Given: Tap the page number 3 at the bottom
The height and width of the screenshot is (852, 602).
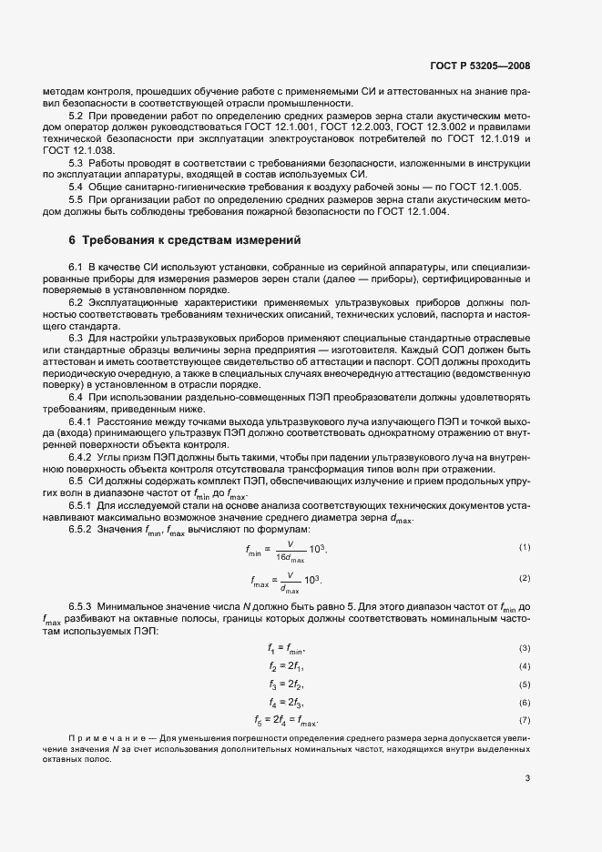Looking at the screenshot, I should point(527,778).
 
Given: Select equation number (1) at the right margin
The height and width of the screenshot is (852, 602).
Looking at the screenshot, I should point(525,547).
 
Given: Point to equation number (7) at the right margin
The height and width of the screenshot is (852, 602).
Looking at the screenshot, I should point(525,720).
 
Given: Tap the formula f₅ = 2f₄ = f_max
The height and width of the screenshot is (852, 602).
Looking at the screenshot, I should point(287,720).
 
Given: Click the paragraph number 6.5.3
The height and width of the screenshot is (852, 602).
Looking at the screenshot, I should point(82,605).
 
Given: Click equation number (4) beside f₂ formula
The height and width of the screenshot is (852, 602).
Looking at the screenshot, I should point(525,666).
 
